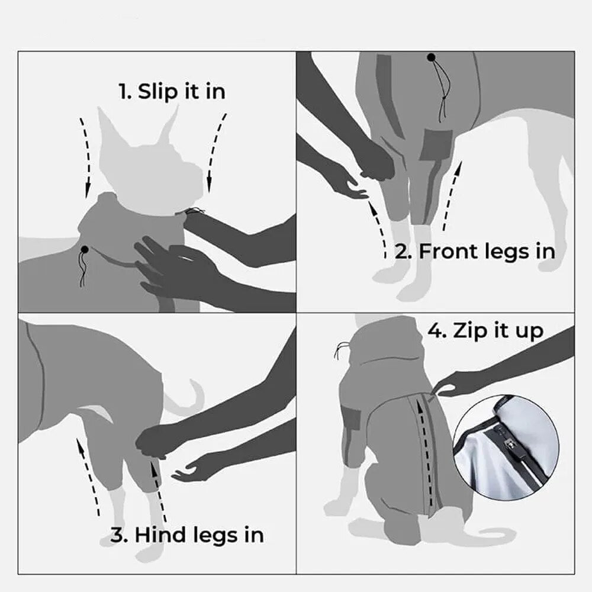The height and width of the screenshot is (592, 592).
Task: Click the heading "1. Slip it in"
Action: coord(172,92)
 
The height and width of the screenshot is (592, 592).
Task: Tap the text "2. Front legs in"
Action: coord(475,251)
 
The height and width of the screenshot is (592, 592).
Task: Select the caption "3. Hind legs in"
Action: coord(187,535)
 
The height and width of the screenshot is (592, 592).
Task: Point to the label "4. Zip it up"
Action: coord(485,331)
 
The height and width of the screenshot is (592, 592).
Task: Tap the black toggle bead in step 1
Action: coord(85,249)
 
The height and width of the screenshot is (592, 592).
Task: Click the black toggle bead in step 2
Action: coord(431,57)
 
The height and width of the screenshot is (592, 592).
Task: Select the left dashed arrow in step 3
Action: coord(88,476)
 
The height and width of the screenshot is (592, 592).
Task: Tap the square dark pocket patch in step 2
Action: coord(437,144)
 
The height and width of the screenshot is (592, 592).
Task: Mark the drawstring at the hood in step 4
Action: coord(342,349)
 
